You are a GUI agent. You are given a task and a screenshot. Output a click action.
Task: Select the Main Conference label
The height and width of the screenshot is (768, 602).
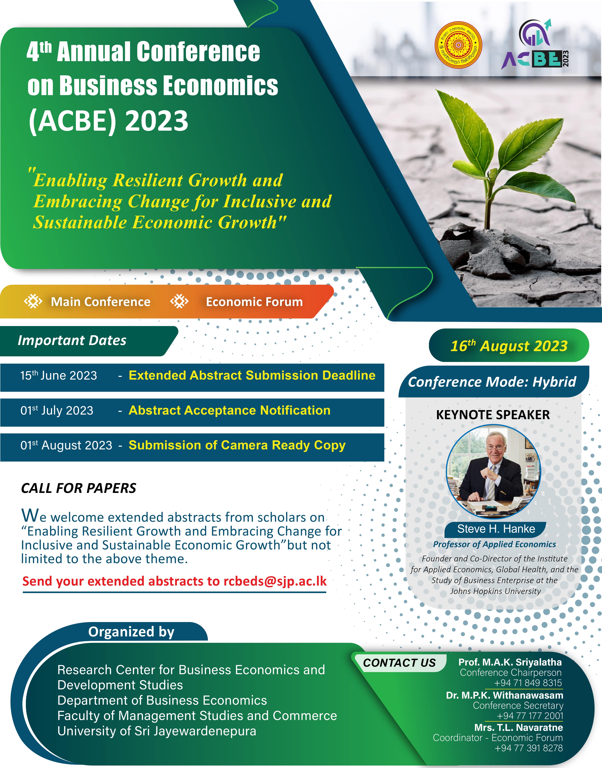[x=100, y=302]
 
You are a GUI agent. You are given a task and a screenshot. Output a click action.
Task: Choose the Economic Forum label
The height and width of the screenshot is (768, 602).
[x=254, y=302]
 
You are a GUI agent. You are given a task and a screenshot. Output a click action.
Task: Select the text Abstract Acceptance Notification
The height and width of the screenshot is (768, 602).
[x=229, y=410]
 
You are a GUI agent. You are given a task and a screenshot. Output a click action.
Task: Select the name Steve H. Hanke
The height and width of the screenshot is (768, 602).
[x=496, y=529]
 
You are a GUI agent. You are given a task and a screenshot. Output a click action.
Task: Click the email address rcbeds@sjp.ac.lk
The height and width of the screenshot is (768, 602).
[x=275, y=581]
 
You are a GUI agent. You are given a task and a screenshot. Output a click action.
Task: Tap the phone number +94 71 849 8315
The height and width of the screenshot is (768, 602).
[x=528, y=683]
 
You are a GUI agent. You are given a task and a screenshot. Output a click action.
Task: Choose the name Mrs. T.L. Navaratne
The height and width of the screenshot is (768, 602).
[x=518, y=727]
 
